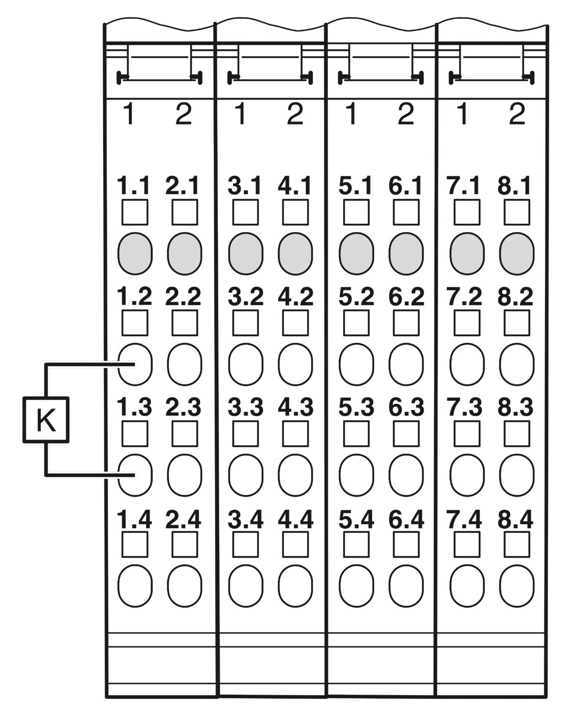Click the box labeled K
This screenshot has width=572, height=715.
46,419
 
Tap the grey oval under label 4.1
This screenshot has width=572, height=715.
295,254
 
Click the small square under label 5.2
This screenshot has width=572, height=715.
356,323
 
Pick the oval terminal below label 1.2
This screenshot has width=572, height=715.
135,364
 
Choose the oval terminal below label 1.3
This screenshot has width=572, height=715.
135,475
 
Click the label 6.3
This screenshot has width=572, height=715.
406,407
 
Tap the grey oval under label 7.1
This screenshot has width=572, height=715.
467,254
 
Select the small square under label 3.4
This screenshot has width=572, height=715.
245,544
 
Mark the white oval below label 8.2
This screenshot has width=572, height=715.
517,364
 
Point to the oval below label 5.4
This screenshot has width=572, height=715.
356,586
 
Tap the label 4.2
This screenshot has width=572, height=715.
296,296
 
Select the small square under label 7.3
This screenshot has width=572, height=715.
467,434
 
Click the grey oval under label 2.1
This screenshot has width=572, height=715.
184,254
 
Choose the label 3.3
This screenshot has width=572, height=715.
245,407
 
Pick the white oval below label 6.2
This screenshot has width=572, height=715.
406,364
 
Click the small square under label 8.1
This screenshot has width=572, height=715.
517,212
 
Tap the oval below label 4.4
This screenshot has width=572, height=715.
295,586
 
